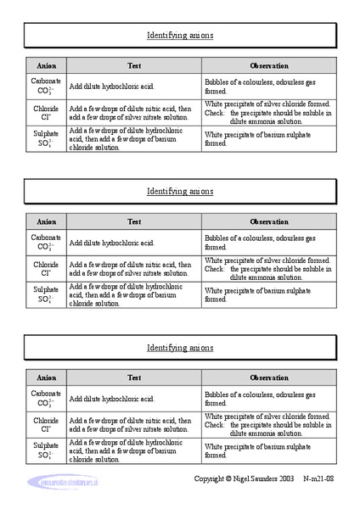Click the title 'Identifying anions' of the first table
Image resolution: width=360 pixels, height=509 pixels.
click(180, 36)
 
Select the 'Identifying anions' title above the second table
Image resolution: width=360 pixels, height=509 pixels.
click(180, 192)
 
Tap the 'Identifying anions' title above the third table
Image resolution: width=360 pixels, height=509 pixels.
click(180, 348)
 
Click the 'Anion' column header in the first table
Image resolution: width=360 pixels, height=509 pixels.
click(46, 65)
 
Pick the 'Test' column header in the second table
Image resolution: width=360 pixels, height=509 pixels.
click(134, 221)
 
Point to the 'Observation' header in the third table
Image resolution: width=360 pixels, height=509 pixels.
click(269, 378)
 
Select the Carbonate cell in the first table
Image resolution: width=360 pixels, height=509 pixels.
click(46, 85)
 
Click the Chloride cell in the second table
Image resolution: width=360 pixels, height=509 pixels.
click(46, 269)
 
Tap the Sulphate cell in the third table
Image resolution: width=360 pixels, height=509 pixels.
click(46, 450)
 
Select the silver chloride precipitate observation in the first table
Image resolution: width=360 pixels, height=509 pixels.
click(268, 112)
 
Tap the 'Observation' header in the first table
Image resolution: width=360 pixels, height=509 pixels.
click(269, 65)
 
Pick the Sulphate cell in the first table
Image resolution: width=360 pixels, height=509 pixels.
click(46, 138)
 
